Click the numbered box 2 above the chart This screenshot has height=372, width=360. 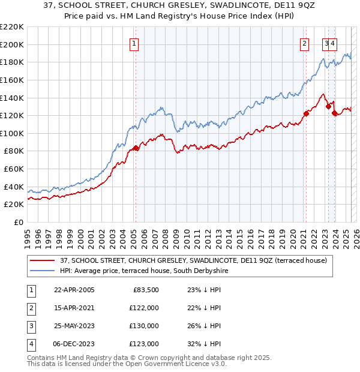305,43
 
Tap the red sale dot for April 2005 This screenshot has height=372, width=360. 136,148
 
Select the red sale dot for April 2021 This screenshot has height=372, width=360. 306,113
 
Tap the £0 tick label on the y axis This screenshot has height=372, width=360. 19,222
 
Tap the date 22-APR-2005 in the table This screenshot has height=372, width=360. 74,290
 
